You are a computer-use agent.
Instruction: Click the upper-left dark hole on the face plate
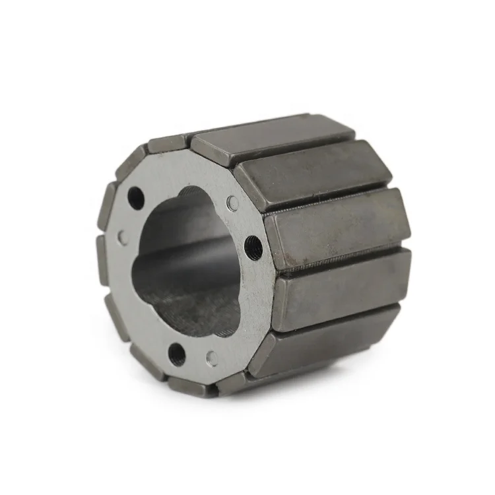[136, 196]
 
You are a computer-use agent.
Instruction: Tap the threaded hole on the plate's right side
[253, 247]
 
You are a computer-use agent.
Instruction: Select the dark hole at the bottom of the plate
[177, 354]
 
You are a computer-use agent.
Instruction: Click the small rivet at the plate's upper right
[232, 203]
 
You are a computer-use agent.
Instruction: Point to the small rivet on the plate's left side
[123, 236]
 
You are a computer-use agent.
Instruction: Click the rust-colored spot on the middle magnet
[321, 199]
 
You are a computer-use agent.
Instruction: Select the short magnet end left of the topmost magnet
[165, 144]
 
